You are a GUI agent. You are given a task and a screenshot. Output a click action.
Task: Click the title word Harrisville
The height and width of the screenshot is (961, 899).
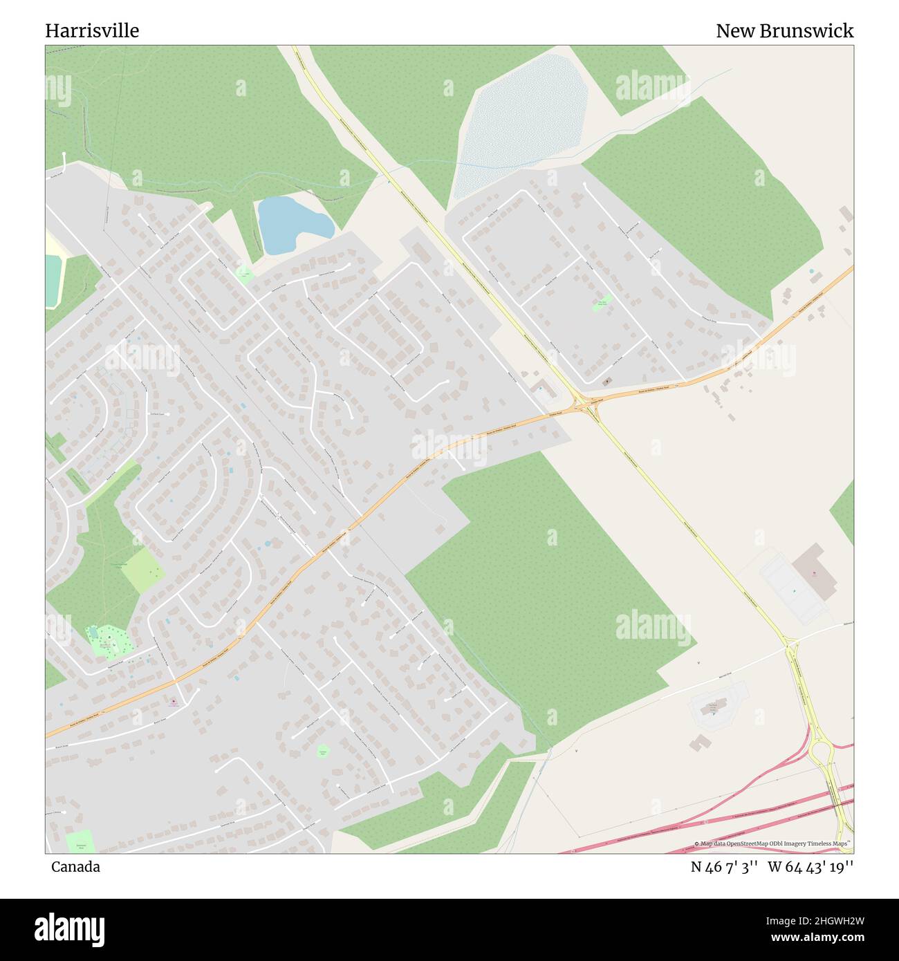(92, 30)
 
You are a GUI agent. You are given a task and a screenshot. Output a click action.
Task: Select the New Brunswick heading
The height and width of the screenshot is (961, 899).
(784, 30)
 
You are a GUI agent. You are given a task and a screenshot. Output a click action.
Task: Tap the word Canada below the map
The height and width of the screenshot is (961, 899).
(75, 866)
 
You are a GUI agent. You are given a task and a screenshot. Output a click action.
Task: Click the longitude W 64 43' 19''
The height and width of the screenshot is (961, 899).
(810, 866)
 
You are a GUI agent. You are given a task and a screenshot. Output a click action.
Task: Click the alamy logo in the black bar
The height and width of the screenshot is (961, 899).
(69, 928)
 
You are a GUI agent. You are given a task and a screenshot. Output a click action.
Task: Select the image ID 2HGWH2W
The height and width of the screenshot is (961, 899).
(826, 920)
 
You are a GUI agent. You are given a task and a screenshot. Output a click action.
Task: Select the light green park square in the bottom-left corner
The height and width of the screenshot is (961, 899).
(80, 841)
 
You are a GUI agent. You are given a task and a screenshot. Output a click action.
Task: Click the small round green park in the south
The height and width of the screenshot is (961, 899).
(322, 751)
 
